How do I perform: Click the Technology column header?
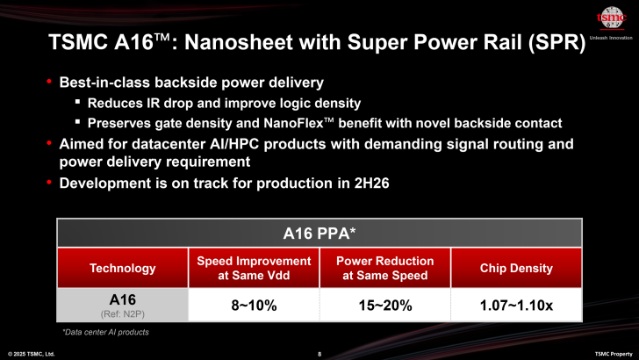point(122,268)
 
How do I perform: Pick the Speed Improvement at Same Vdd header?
point(254,268)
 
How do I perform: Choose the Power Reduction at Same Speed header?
point(384,268)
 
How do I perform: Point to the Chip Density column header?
point(516,268)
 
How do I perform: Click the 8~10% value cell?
point(254,306)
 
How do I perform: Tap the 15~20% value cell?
point(384,306)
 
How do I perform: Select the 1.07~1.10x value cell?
point(516,306)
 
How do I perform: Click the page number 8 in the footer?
point(319,353)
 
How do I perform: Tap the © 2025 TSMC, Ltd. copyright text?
point(32,353)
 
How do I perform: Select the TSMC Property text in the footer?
point(613,353)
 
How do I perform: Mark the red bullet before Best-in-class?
point(49,83)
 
